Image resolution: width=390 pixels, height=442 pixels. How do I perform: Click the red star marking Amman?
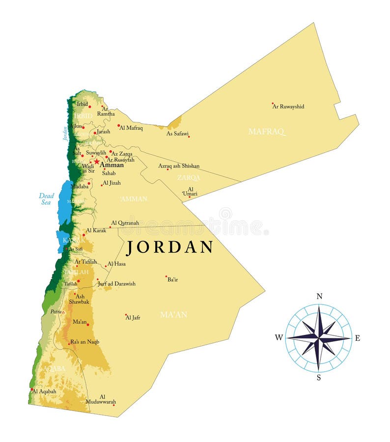click(x=97, y=161)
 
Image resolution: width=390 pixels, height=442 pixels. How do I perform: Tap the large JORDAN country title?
click(x=170, y=247)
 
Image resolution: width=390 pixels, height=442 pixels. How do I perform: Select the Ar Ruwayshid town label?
click(x=288, y=107)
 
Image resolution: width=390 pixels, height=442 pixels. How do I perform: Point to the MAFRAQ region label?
click(x=266, y=132)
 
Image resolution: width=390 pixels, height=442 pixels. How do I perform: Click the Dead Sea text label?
click(x=46, y=198)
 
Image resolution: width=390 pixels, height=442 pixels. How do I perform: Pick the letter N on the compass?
click(x=319, y=296)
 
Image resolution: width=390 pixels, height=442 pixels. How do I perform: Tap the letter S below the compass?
click(x=319, y=377)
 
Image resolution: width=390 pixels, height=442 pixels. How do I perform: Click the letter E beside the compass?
click(x=357, y=338)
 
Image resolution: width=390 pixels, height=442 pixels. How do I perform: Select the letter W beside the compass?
click(x=279, y=337)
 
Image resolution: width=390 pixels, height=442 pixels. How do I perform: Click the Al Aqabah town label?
click(x=44, y=391)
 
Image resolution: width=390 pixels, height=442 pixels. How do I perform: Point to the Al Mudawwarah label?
click(x=101, y=399)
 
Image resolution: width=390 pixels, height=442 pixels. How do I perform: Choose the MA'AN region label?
click(x=173, y=315)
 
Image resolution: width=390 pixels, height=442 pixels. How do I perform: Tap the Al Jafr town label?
click(x=133, y=318)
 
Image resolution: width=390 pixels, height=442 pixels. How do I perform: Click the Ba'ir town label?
click(x=172, y=279)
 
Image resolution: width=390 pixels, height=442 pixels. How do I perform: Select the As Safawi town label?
click(x=177, y=134)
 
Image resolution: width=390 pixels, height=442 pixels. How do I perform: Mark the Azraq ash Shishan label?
click(x=179, y=166)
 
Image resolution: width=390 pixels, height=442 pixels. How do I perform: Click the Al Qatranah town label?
click(x=125, y=223)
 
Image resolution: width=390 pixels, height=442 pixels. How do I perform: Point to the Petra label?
click(x=56, y=311)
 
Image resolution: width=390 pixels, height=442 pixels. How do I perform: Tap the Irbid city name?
click(x=82, y=104)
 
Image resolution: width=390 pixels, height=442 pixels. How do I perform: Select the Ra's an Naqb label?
click(x=84, y=342)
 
